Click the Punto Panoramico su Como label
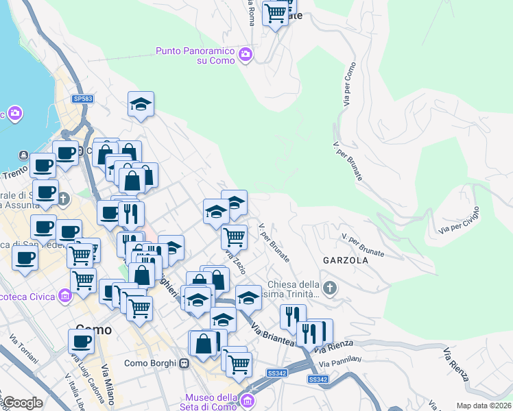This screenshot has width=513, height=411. tap(196, 55)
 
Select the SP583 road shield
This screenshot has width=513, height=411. tap(82, 99)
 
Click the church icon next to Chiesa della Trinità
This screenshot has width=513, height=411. tap(330, 288)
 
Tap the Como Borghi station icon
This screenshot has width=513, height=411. tap(184, 364)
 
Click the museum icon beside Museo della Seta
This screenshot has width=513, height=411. tap(248, 399)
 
